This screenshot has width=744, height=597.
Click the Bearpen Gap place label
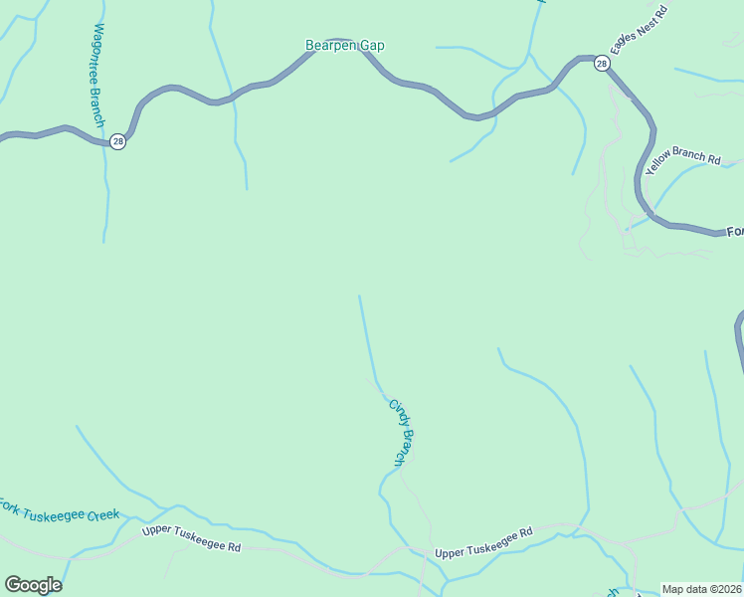(x=344, y=46)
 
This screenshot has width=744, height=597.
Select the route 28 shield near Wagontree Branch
(x=118, y=142)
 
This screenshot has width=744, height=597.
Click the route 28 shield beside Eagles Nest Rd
(x=602, y=64)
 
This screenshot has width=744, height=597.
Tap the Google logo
(x=33, y=585)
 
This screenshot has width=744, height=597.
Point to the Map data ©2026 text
(x=702, y=589)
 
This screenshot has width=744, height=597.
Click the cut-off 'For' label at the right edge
(x=734, y=232)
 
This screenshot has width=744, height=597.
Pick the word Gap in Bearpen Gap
(x=373, y=46)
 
